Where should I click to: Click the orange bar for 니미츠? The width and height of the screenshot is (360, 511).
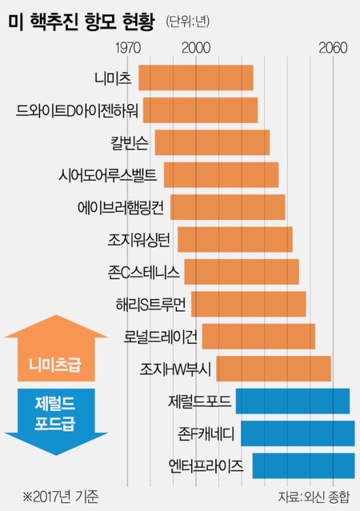tap(196, 77)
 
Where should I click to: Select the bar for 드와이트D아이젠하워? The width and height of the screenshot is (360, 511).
tap(200, 110)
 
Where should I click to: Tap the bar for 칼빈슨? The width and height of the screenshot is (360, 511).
tap(212, 142)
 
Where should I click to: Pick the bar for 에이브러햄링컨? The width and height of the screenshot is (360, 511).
tap(228, 207)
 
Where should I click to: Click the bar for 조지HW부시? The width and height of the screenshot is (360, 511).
tap(274, 368)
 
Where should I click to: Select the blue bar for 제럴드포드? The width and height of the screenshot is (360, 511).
tap(293, 401)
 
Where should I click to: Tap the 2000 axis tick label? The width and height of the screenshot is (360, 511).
tap(196, 48)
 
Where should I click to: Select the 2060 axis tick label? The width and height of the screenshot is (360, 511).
tap(333, 48)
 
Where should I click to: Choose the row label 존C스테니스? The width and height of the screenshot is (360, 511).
tap(143, 272)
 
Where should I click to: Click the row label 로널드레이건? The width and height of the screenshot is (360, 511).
tap(162, 336)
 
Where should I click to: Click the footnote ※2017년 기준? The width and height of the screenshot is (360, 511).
tap(60, 497)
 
